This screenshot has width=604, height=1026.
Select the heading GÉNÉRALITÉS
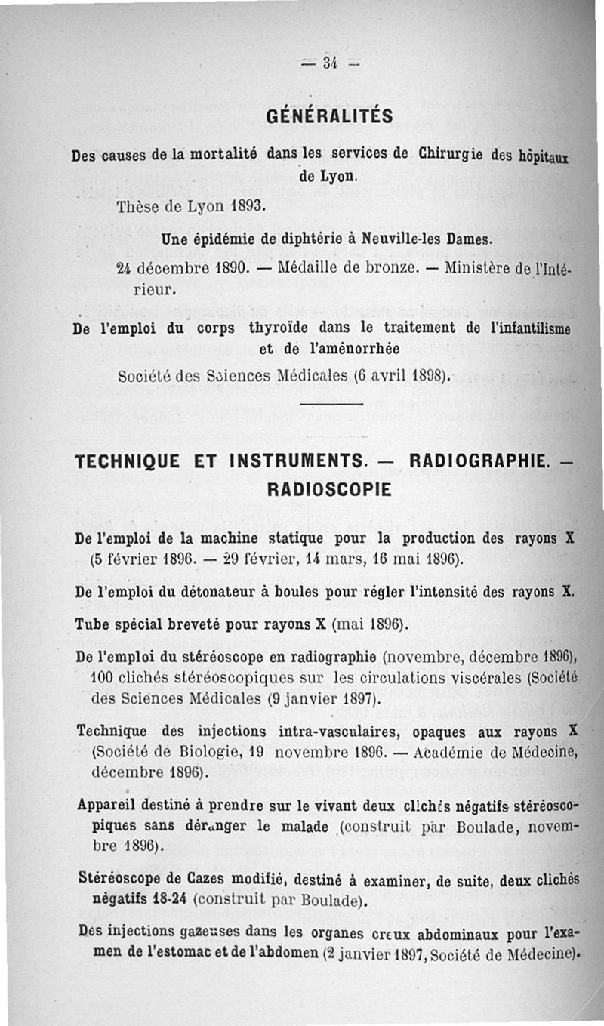(330, 116)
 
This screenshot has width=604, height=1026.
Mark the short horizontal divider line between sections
(331, 405)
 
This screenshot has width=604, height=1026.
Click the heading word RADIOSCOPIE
(330, 489)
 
